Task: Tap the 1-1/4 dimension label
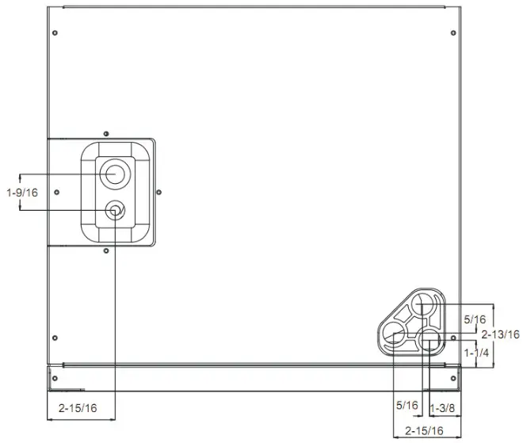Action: coord(476,352)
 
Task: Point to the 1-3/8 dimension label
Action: coord(442,406)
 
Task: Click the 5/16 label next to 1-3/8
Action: coord(407,406)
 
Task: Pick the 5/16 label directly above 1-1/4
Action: coord(475,319)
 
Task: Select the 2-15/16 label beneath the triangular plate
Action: coord(424,431)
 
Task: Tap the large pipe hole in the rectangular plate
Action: coord(116,173)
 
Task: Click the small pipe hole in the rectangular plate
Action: coord(116,210)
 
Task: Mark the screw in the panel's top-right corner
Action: coord(452,33)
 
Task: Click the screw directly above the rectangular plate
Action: coord(106,132)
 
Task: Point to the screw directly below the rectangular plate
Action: coord(106,251)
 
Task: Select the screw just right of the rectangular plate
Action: coord(159,191)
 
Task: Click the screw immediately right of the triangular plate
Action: coord(452,338)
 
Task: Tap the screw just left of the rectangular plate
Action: coord(55,193)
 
